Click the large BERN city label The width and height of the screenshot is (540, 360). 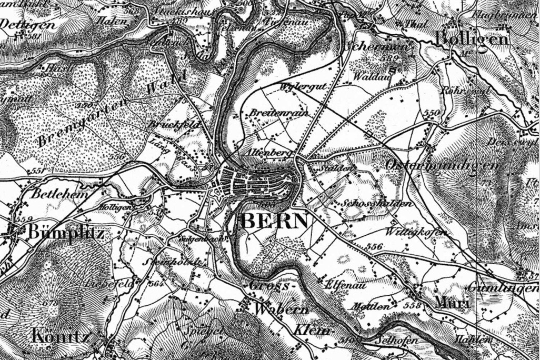(x=274, y=222)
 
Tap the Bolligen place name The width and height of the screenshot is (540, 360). (x=472, y=39)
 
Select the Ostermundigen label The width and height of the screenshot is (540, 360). (x=442, y=165)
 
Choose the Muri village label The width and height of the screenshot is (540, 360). (x=452, y=303)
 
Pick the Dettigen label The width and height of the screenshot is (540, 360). (x=27, y=24)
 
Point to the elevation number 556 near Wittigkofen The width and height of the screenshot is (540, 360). (x=374, y=246)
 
